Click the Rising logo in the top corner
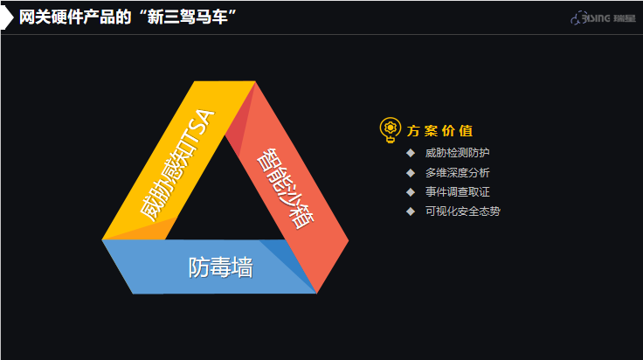click(x=601, y=17)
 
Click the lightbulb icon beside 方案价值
click(x=389, y=130)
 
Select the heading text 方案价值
click(x=440, y=131)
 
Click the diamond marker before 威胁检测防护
click(x=411, y=153)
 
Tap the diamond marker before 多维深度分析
click(x=411, y=172)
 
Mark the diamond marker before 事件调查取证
click(x=411, y=191)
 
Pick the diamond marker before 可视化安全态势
click(x=411, y=211)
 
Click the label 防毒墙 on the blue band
click(x=220, y=267)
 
